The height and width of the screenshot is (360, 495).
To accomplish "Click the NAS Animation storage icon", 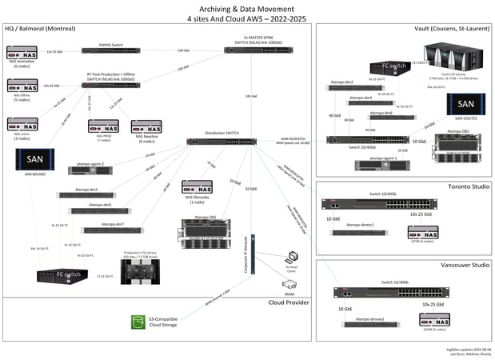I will click(x=22, y=53).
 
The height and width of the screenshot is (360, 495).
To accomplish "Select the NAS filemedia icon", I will click(x=198, y=187).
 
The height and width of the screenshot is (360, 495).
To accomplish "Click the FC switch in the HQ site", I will click(x=67, y=276).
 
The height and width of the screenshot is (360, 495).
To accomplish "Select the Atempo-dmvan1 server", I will click(x=366, y=325).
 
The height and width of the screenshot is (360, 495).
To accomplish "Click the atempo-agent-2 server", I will click(x=91, y=170).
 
